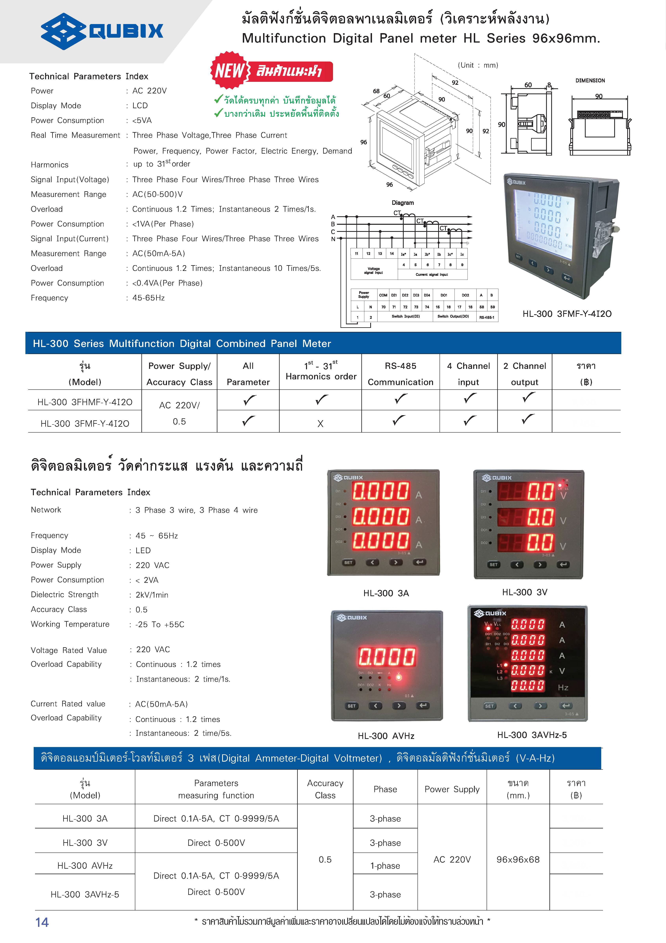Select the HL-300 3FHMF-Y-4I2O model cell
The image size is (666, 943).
(x=85, y=402)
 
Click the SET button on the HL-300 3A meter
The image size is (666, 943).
(x=348, y=562)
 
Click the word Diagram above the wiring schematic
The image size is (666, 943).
(x=403, y=203)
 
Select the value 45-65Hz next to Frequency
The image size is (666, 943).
(x=148, y=298)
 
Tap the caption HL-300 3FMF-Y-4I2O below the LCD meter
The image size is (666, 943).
(x=567, y=314)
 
